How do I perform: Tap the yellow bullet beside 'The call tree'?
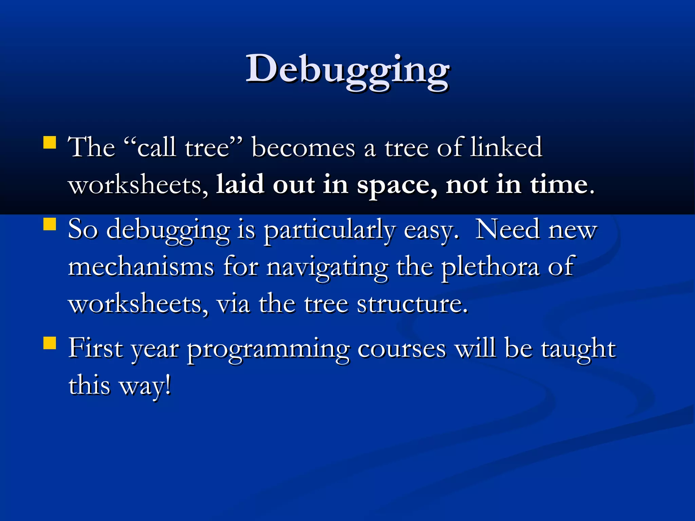(x=50, y=143)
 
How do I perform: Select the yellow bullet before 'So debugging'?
(x=50, y=224)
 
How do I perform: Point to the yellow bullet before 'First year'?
(x=50, y=343)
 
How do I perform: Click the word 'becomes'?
(x=303, y=148)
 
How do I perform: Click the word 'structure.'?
(x=412, y=304)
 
